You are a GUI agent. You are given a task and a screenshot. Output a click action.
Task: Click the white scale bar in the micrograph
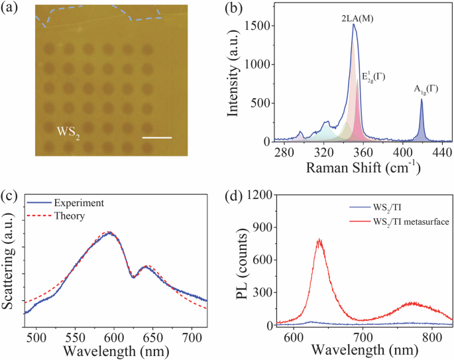pos(157,138)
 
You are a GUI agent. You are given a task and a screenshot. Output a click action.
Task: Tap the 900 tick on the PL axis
pos(261,227)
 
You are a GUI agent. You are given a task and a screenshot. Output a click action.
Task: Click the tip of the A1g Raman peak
pos(421,99)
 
